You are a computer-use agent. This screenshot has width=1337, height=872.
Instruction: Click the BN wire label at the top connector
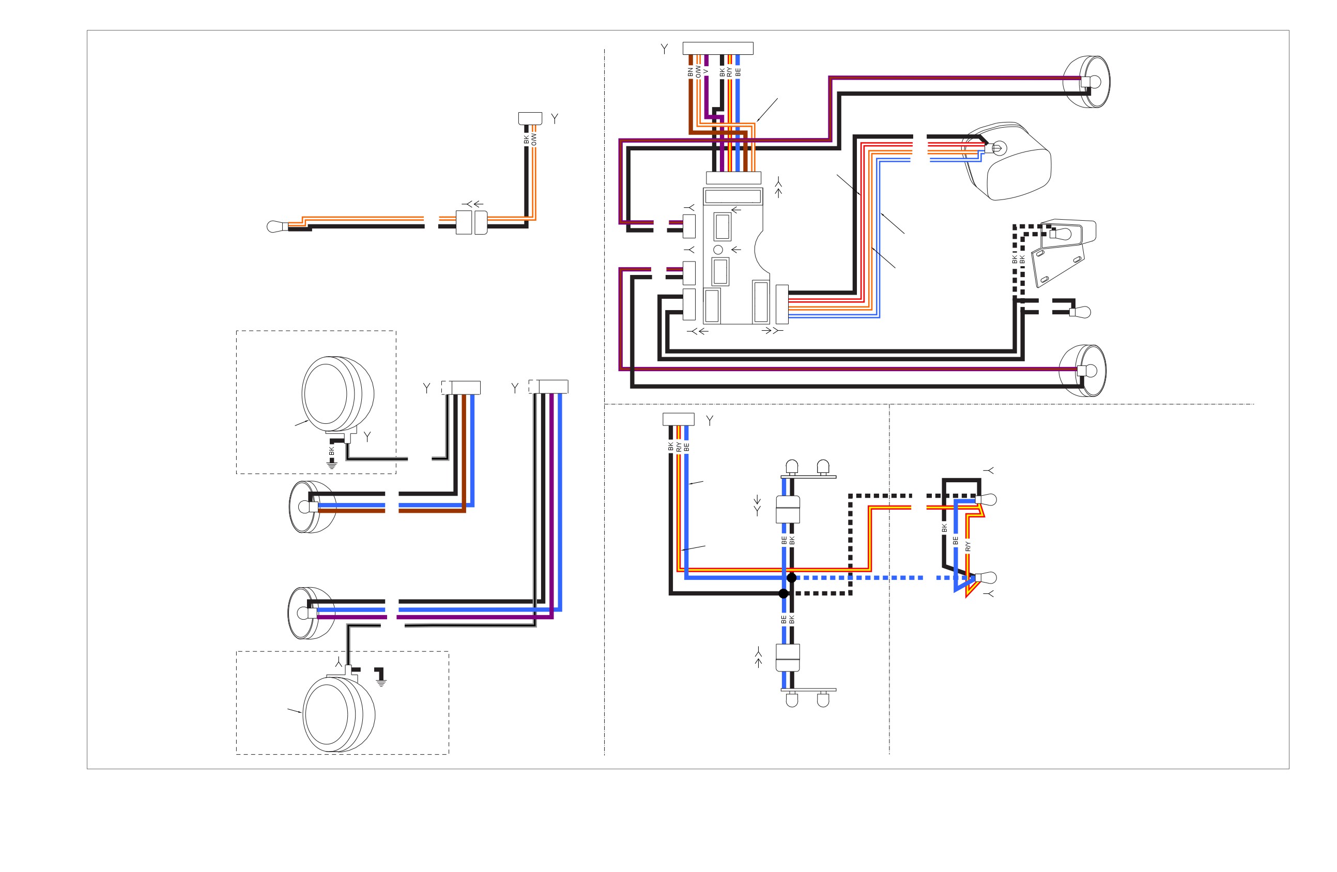pos(690,72)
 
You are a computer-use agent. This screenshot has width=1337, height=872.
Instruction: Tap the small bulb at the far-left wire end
pos(277,226)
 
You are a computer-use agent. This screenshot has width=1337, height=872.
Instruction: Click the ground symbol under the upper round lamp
pos(332,465)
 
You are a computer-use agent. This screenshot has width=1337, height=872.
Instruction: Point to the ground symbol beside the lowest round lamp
pos(381,683)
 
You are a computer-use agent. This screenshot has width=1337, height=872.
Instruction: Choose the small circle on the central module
pos(718,250)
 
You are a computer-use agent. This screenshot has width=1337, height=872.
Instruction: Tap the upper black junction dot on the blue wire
pos(792,577)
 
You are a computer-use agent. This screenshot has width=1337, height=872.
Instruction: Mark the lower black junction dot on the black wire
pos(783,593)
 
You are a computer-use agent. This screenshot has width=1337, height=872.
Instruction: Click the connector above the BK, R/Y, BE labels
pos(678,419)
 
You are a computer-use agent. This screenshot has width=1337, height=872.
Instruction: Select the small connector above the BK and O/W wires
pos(530,118)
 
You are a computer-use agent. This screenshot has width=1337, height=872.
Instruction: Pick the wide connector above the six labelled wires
pos(718,48)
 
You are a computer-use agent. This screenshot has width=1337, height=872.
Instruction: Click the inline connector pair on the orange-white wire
pos(471,222)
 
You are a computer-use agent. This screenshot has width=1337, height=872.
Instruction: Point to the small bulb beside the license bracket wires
pos(1080,312)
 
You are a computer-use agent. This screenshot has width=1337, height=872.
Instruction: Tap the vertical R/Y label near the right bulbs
pos(967,546)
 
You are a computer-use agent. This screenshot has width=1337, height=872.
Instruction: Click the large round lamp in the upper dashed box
pos(337,394)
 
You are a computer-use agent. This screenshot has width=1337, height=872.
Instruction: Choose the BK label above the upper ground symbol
pos(331,451)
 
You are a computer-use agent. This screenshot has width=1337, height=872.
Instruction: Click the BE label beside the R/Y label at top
pos(737,72)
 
